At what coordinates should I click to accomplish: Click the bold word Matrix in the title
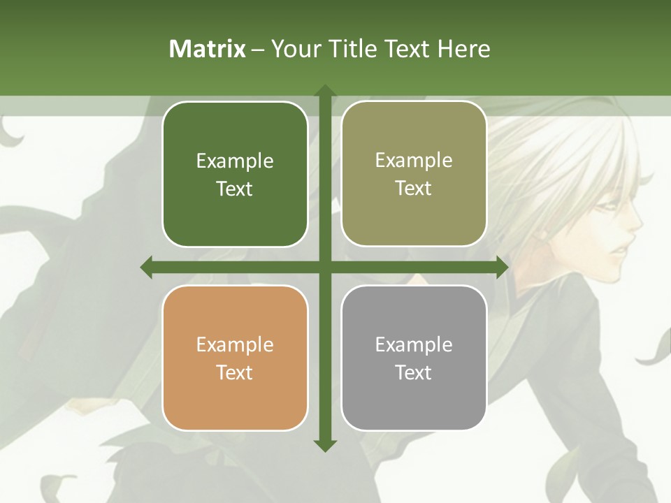pyautogui.click(x=208, y=49)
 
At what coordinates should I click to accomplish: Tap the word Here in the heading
pyautogui.click(x=464, y=49)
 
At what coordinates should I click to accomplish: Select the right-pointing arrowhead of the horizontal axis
pyautogui.click(x=502, y=268)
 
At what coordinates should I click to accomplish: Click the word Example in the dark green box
pyautogui.click(x=235, y=161)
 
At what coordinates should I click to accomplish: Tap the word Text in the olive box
pyautogui.click(x=414, y=188)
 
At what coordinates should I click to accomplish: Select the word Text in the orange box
pyautogui.click(x=235, y=372)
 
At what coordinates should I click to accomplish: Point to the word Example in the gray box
pyautogui.click(x=414, y=344)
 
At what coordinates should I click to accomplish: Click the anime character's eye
pyautogui.click(x=608, y=207)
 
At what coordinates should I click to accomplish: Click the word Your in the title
pyautogui.click(x=294, y=49)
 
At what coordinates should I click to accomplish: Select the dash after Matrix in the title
pyautogui.click(x=258, y=50)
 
